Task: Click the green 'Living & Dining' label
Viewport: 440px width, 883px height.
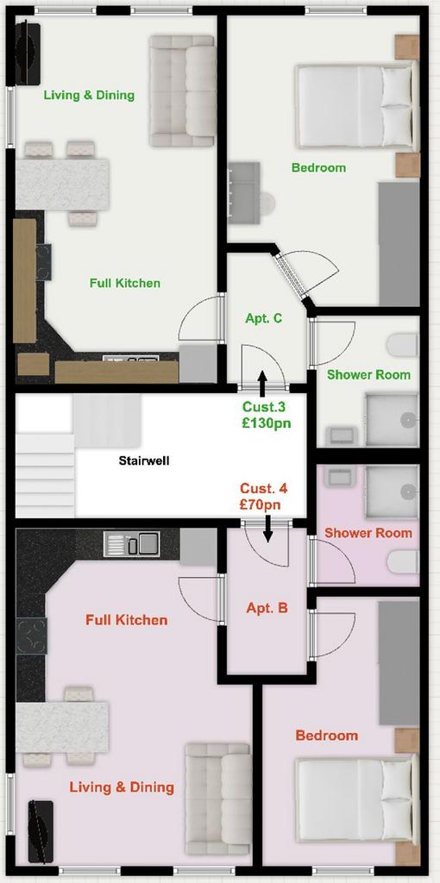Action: pos(89,95)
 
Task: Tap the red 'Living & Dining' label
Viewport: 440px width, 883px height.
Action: pos(122,786)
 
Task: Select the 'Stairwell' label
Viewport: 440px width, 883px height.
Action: pos(144,460)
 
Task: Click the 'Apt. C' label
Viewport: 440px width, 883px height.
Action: pos(264,318)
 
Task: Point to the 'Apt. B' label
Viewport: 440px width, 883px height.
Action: pos(267,608)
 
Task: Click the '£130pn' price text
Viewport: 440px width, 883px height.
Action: pos(267,423)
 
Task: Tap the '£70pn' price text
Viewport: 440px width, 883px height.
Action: pos(260,505)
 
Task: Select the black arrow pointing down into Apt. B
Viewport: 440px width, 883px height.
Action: pos(268,529)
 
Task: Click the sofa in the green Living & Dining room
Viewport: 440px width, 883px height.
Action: pos(182,91)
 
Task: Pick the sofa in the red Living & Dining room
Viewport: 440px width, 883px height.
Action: pos(218,798)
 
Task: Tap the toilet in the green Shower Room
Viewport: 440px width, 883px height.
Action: pos(404,345)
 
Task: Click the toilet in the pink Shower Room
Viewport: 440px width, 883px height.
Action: pos(404,561)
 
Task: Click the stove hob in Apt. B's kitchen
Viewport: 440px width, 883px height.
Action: pos(31,636)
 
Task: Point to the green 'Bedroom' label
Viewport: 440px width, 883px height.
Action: pos(319,168)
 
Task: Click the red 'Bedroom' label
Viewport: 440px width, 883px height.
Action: pos(327,736)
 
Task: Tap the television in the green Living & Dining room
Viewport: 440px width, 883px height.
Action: pos(28,53)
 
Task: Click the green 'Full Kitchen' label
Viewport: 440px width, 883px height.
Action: pos(125,283)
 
